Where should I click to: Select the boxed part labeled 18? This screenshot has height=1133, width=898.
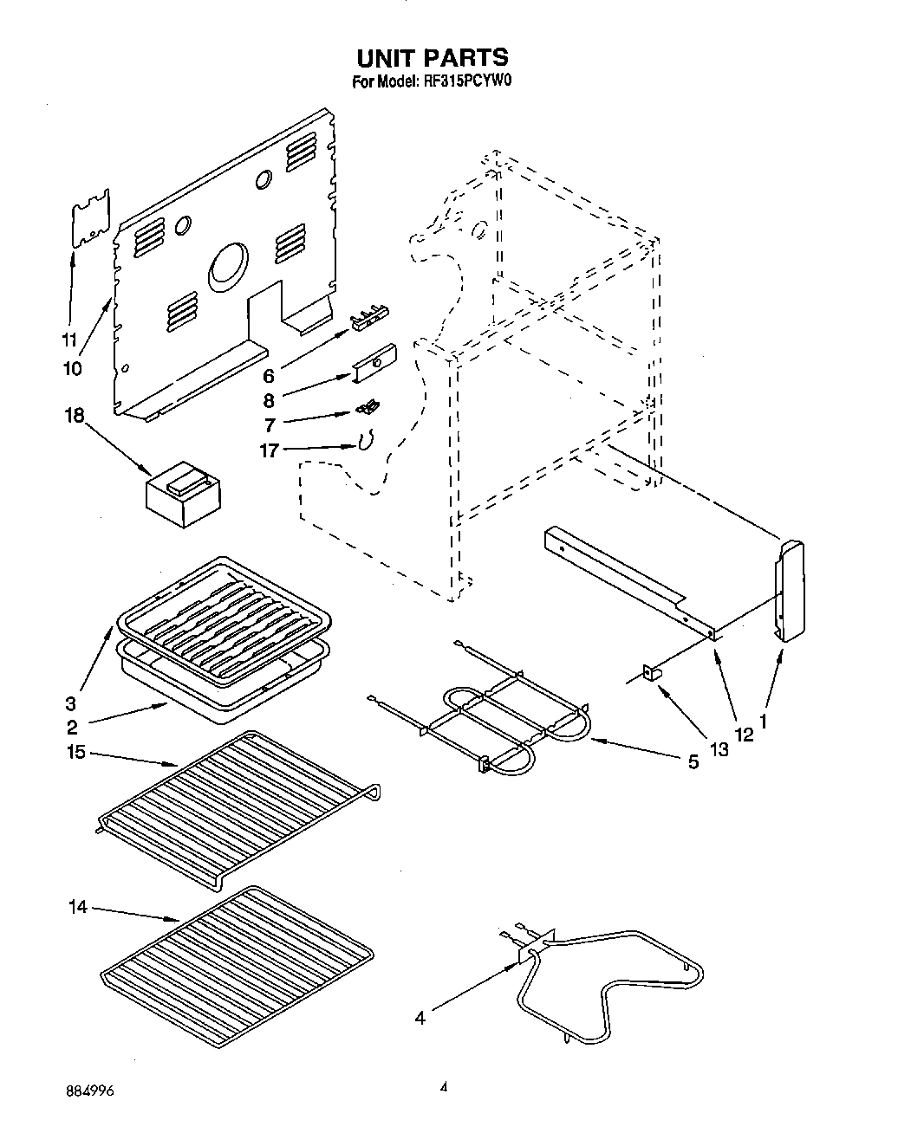click(x=181, y=494)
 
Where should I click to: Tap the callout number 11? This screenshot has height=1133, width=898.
click(x=70, y=339)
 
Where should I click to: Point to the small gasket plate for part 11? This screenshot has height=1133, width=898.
click(x=91, y=220)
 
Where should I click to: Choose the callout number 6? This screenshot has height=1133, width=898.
click(x=268, y=376)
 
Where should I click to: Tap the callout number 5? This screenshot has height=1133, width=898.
click(x=693, y=763)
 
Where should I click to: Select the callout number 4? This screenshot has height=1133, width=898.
click(x=420, y=1019)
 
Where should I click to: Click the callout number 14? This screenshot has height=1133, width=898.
click(x=78, y=907)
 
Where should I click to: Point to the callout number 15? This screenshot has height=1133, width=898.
click(x=75, y=752)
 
